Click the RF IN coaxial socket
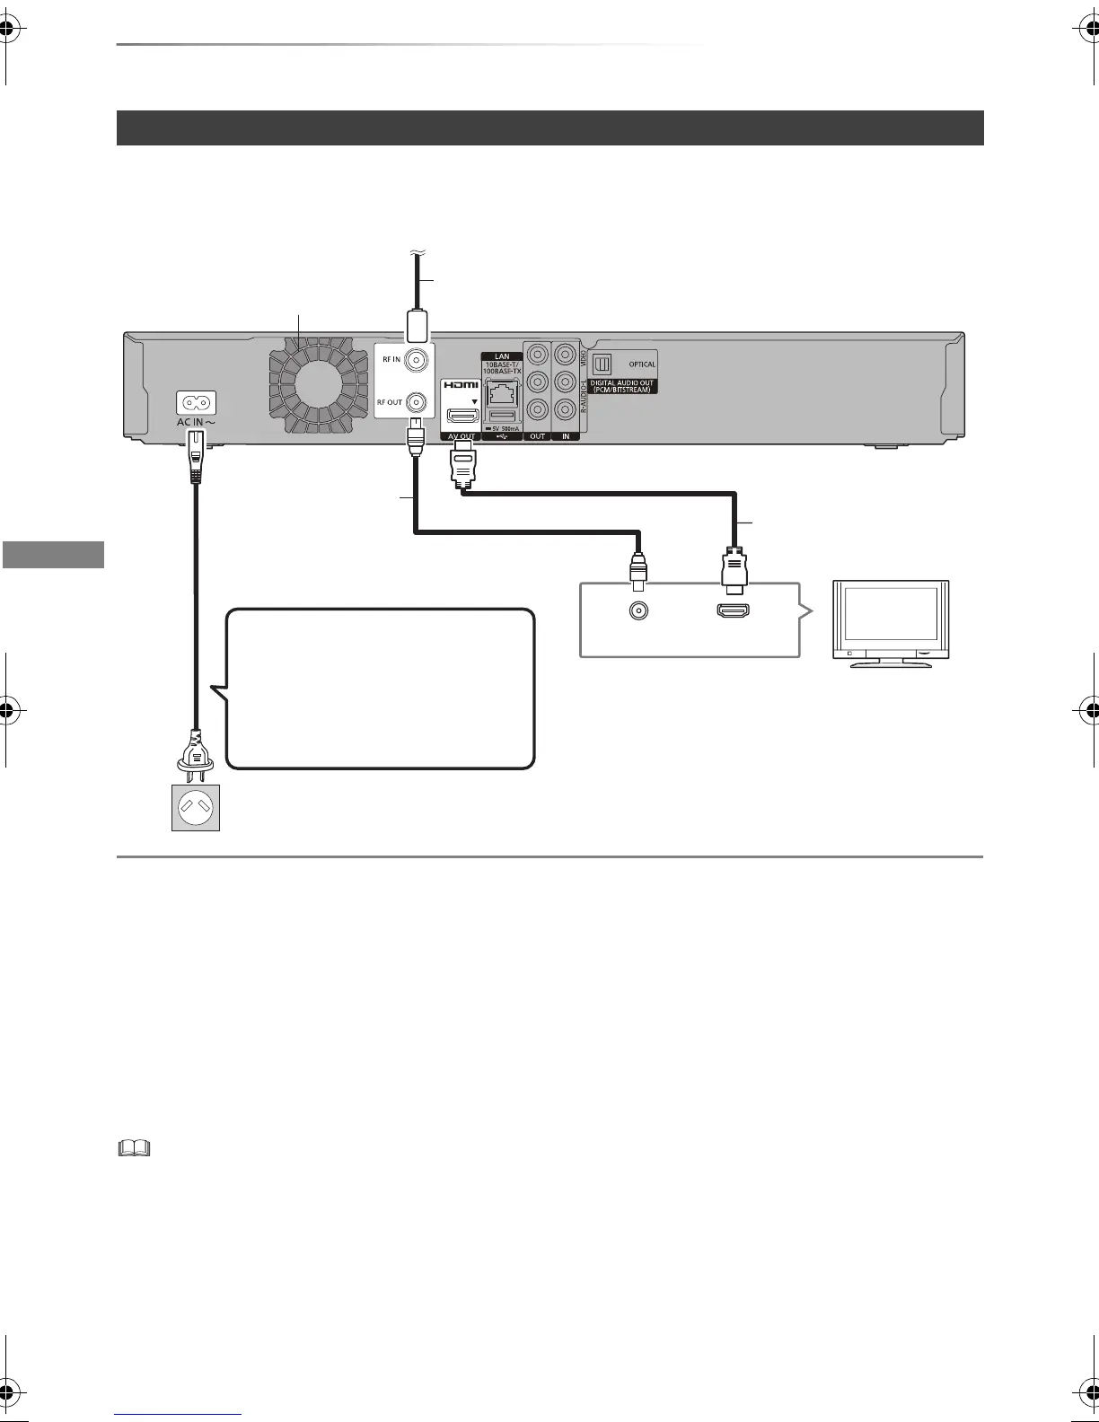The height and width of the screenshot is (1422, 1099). tap(416, 361)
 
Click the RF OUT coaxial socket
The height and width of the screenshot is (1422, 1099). tap(416, 402)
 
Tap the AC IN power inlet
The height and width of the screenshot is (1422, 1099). tap(194, 402)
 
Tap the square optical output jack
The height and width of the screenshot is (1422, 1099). tap(603, 364)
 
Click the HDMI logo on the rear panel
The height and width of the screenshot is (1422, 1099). tap(461, 386)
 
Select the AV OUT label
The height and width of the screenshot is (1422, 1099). tap(461, 436)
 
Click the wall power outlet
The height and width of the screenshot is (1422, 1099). tap(196, 807)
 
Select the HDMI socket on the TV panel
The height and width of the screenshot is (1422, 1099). tap(733, 611)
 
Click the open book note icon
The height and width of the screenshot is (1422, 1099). tap(134, 1148)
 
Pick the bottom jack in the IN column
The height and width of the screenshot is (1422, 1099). tap(565, 410)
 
